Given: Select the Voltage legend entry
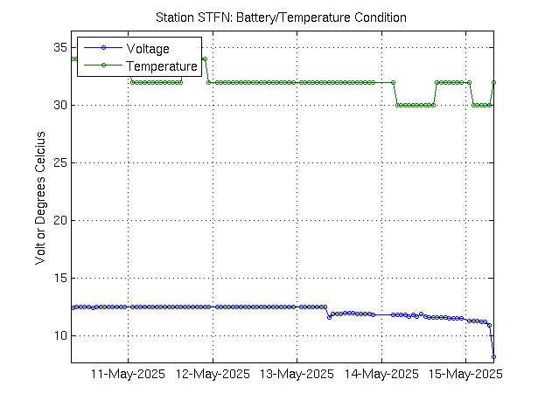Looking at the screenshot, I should [148, 48].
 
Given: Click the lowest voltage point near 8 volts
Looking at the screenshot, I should [493, 356].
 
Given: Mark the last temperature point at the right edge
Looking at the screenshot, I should [494, 82].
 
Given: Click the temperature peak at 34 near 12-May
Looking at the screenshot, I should [204, 59].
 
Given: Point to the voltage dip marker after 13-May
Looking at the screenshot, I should [329, 317].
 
